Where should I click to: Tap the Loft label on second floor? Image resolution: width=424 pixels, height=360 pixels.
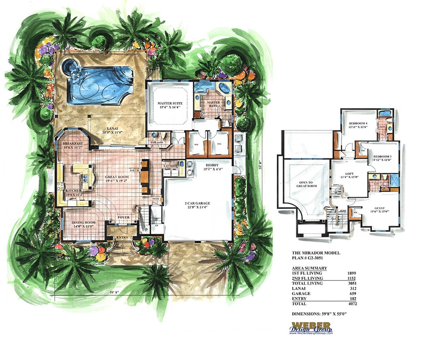click(x=349, y=173)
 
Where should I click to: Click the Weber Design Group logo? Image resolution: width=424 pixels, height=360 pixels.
click(x=311, y=328)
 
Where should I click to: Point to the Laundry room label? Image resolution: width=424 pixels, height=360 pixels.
click(x=170, y=166)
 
